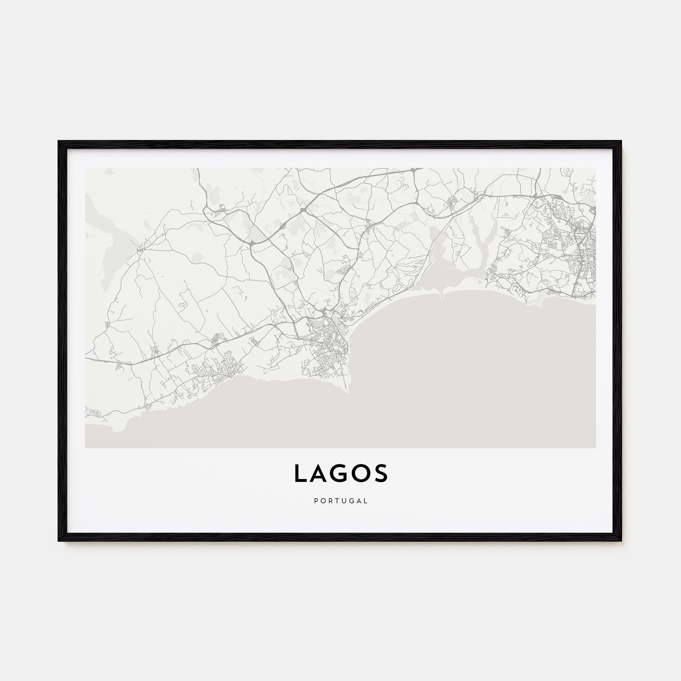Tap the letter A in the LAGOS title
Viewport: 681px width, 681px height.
click(320, 473)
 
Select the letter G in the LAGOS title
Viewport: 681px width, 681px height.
click(341, 473)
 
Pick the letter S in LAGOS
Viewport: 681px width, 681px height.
click(382, 473)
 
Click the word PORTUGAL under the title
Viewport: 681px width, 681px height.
click(340, 501)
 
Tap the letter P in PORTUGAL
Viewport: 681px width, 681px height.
click(316, 501)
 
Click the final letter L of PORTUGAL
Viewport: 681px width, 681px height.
click(366, 501)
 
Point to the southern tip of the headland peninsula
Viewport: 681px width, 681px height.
click(348, 391)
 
